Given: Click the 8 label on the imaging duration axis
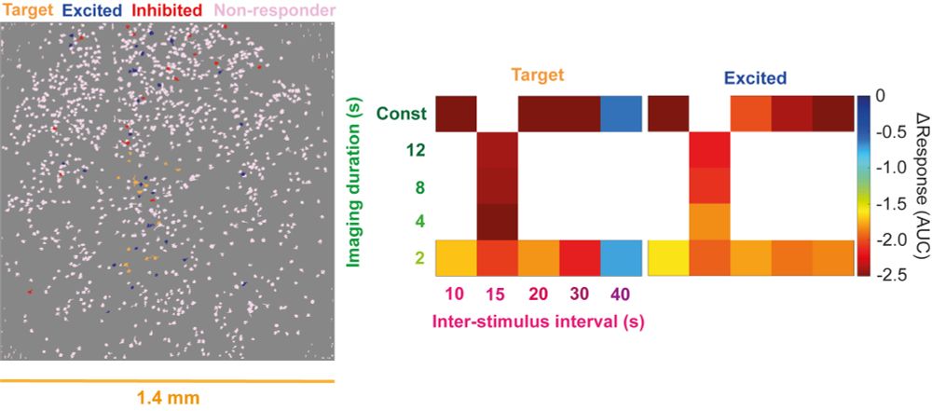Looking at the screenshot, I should [x=420, y=185].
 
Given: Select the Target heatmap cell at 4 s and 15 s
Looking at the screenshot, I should [x=498, y=222].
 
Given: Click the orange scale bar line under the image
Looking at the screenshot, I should [x=167, y=381].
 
